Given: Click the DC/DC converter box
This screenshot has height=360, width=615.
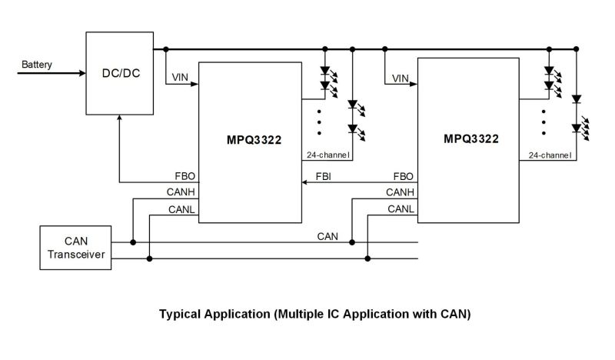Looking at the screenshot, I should pyautogui.click(x=118, y=73).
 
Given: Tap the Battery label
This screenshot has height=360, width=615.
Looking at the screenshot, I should pyautogui.click(x=37, y=65).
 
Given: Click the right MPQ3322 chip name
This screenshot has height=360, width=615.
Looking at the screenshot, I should pyautogui.click(x=470, y=139).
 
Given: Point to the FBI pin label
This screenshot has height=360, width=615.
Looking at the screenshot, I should pyautogui.click(x=324, y=176).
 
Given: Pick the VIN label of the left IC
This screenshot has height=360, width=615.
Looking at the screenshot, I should pyautogui.click(x=181, y=78).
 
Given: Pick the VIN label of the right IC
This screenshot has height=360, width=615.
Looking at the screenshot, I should pyautogui.click(x=400, y=78).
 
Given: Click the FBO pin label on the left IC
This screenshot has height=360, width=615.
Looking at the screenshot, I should pyautogui.click(x=185, y=176).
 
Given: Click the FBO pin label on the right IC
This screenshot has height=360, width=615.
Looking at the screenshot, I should pyautogui.click(x=404, y=176).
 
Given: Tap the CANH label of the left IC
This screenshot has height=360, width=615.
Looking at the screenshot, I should pyautogui.click(x=181, y=192).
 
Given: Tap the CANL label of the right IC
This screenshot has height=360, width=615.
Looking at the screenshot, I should pyautogui.click(x=401, y=208).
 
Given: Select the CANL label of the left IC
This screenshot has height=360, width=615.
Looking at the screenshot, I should pyautogui.click(x=182, y=208).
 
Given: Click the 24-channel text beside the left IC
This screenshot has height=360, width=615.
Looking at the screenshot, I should pyautogui.click(x=328, y=155).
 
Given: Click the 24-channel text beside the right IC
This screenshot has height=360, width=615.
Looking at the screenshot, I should pyautogui.click(x=550, y=155).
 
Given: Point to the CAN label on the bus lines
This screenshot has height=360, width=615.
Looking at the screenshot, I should pyautogui.click(x=328, y=235).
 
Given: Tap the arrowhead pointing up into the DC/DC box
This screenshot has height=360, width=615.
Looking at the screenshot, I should pyautogui.click(x=118, y=118).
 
